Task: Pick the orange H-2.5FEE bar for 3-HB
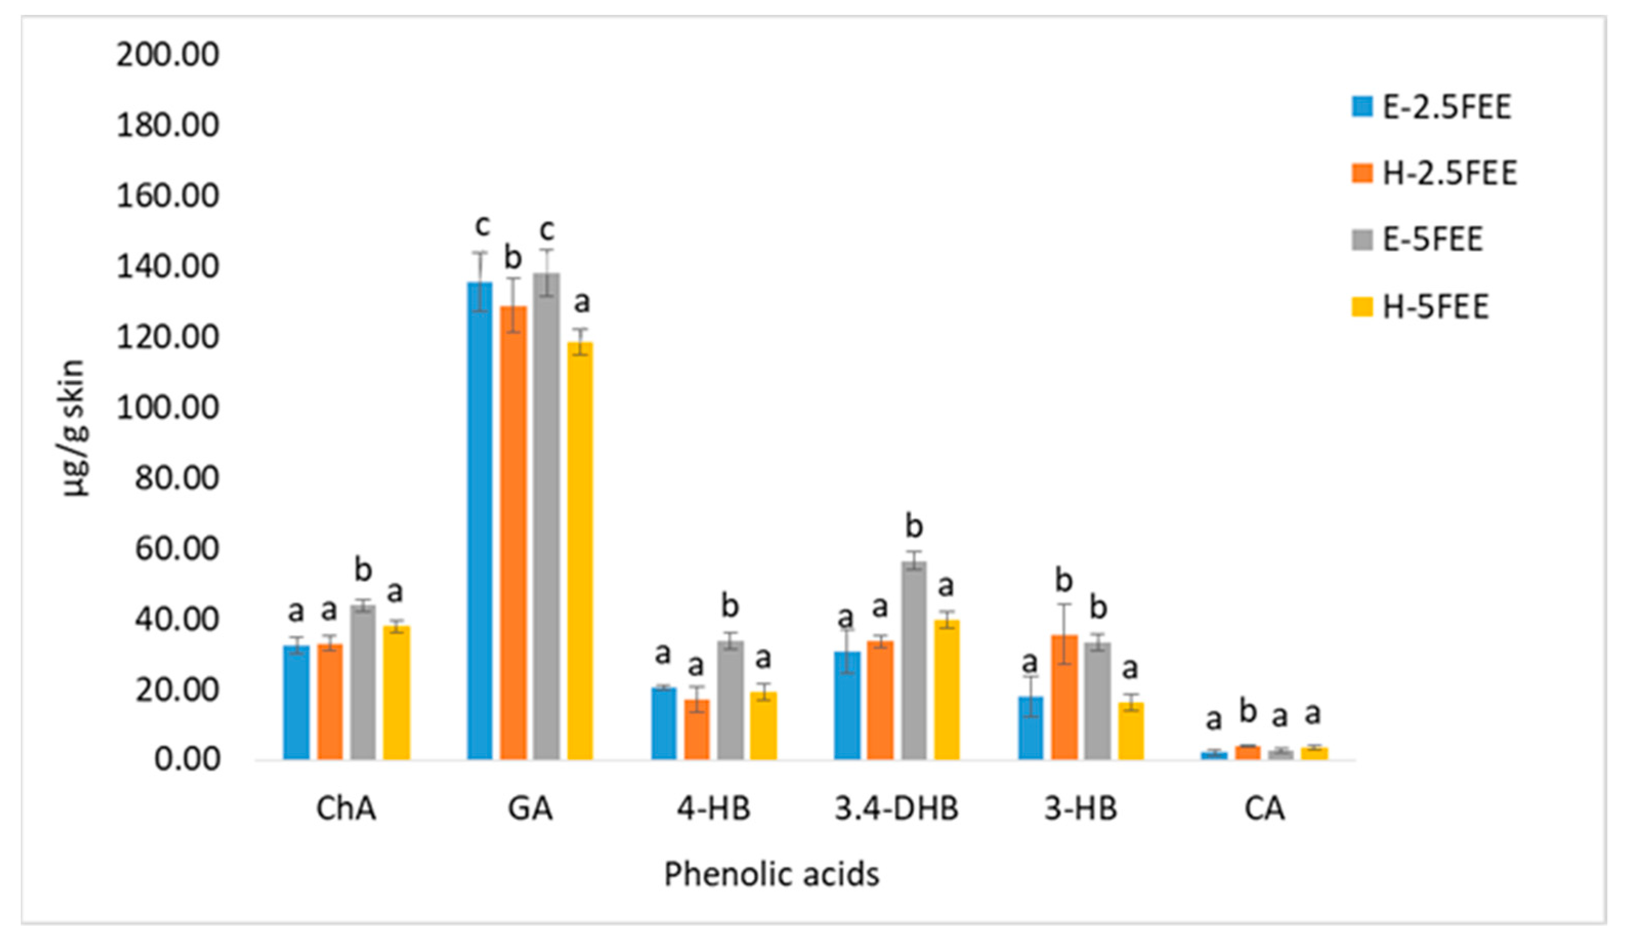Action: [x=1064, y=697]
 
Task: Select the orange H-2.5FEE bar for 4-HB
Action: [x=697, y=729]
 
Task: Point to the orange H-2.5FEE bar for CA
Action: [x=1248, y=752]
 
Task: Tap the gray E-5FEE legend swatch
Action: [x=1362, y=240]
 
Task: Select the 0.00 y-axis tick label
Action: [x=186, y=759]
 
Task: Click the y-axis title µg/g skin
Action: [x=73, y=428]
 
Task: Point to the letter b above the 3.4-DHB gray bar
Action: [x=914, y=526]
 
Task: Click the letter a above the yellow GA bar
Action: [x=582, y=302]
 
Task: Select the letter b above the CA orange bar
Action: [x=1248, y=712]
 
